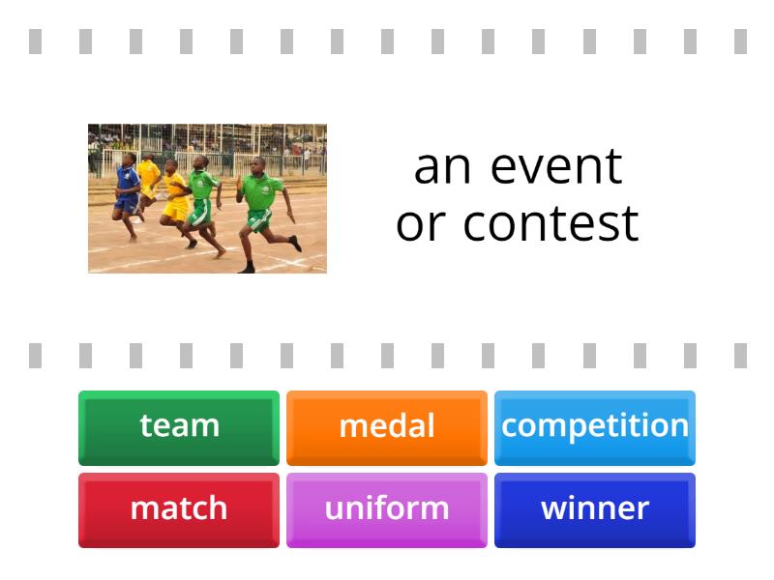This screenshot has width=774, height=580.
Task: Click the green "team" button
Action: pyautogui.click(x=179, y=426)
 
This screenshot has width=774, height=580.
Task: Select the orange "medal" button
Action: pyautogui.click(x=387, y=426)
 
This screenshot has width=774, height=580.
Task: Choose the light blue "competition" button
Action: pyautogui.click(x=594, y=426)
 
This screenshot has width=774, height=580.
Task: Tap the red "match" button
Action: pyautogui.click(x=179, y=508)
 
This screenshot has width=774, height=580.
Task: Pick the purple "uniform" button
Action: pyautogui.click(x=387, y=508)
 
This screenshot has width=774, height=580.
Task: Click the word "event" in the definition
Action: pyautogui.click(x=556, y=166)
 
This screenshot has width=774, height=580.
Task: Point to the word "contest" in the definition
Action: pyautogui.click(x=551, y=223)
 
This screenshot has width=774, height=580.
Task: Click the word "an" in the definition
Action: pyautogui.click(x=442, y=166)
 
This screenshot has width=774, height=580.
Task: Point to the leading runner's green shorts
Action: pyautogui.click(x=258, y=220)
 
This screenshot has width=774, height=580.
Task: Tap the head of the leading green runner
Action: pyautogui.click(x=257, y=164)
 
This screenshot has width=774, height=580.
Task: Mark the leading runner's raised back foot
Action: pyautogui.click(x=295, y=244)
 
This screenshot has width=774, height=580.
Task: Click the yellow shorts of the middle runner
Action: pyautogui.click(x=177, y=208)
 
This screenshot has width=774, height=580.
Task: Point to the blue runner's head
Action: pyautogui.click(x=129, y=159)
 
